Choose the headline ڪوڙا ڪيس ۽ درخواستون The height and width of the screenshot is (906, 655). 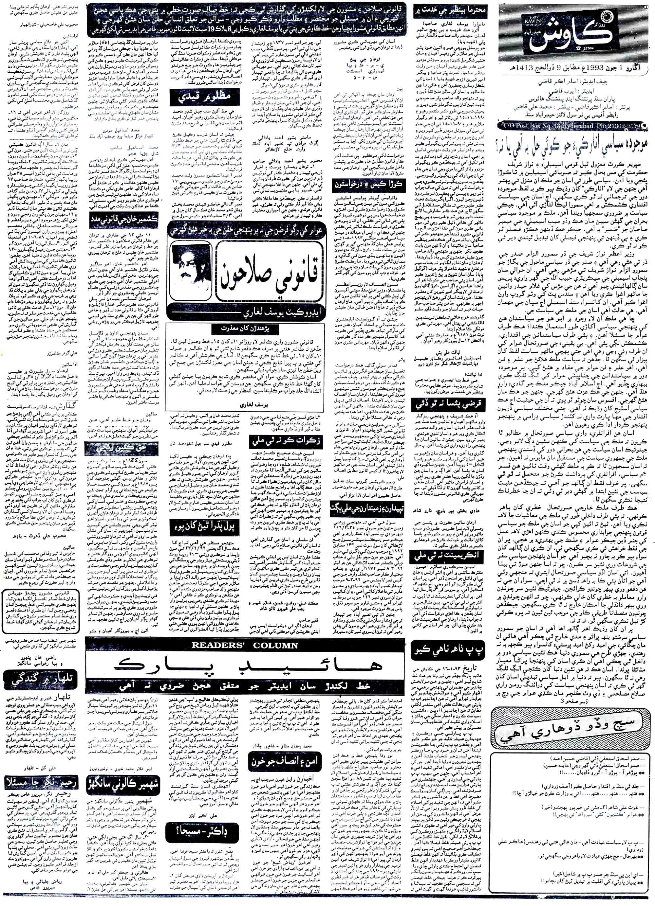point(369,184)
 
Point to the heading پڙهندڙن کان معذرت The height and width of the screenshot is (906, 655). point(244,329)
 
